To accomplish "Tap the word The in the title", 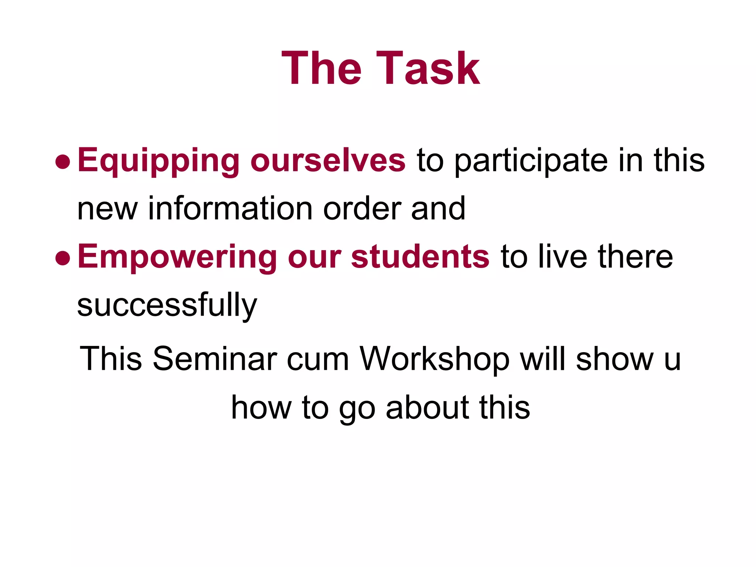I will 321,69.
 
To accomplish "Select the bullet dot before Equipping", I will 62,162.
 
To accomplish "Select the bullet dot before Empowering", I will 62,258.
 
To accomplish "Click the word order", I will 362,209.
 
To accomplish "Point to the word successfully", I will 167,306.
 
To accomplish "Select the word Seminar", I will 215,359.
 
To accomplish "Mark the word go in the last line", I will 357,410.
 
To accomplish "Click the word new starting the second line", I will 107,209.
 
